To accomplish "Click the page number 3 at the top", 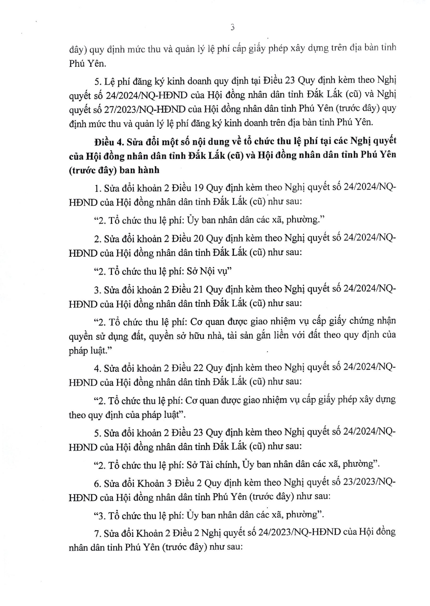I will coord(232,27).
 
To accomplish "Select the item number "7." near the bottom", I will coord(97,533).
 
